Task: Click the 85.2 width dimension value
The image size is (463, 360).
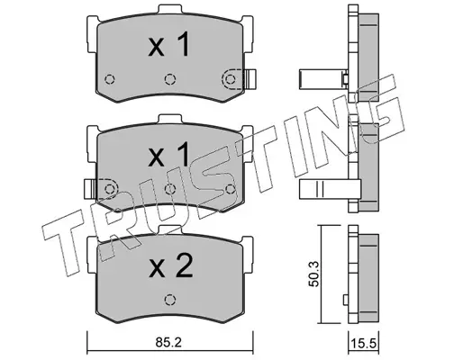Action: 168,343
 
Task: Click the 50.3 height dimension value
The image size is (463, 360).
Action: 314,274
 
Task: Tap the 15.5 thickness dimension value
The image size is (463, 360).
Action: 363,343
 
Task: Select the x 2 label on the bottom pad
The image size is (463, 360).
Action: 170,266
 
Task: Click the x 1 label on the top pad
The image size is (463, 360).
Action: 168,45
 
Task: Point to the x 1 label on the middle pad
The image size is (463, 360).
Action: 168,155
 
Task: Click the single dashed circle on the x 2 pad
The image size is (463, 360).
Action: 170,300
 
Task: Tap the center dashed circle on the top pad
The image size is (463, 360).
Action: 170,79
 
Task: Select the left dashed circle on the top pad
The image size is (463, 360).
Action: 110,79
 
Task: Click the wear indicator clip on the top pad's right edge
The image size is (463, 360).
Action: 250,79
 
